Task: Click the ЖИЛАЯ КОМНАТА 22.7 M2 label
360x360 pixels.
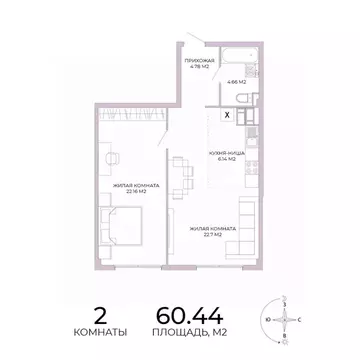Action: click(x=211, y=231)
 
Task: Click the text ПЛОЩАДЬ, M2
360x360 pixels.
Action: click(x=188, y=329)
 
